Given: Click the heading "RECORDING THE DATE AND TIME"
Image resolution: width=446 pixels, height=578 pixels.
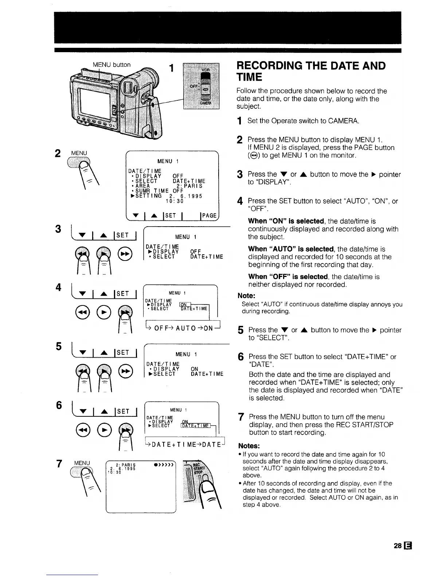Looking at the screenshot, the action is (x=310, y=71).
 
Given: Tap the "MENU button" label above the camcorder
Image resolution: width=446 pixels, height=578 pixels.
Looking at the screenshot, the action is (x=111, y=65).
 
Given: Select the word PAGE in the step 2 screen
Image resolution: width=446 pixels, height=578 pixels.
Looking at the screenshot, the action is (x=209, y=216).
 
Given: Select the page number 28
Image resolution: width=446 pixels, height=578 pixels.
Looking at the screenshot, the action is (x=397, y=546).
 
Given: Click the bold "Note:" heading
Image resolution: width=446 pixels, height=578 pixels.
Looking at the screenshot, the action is (x=246, y=296).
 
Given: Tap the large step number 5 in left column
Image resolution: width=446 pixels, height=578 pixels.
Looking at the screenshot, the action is (x=58, y=346).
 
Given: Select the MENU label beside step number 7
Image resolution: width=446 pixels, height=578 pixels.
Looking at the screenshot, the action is (x=82, y=463).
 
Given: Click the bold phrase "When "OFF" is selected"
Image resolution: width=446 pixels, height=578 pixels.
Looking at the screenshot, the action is (x=288, y=277).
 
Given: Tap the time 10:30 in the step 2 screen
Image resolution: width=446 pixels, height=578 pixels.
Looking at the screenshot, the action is (x=175, y=201).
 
